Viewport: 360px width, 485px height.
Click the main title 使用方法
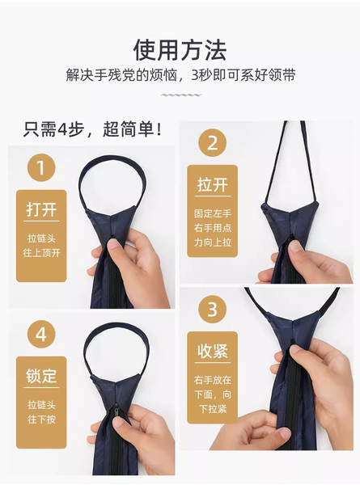[x=180, y=50]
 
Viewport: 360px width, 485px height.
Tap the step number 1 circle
[x=41, y=167]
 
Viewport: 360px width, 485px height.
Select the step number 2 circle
[x=213, y=142]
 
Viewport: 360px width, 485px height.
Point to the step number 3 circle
[x=213, y=309]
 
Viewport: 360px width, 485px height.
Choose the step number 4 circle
[x=41, y=335]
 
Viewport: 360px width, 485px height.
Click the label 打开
[x=41, y=209]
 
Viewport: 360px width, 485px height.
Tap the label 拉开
[x=213, y=184]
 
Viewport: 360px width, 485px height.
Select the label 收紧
[x=213, y=351]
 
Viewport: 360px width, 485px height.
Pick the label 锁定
[x=41, y=376]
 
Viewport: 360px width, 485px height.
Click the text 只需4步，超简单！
[x=93, y=129]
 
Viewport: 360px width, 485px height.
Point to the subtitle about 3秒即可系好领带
[x=180, y=75]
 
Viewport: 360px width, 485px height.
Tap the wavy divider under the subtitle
[x=181, y=95]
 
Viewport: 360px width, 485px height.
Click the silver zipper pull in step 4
[x=116, y=411]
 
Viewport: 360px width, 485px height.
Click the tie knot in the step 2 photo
[x=290, y=219]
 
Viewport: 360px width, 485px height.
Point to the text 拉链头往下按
[x=41, y=412]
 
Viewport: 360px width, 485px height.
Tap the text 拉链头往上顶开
[x=41, y=246]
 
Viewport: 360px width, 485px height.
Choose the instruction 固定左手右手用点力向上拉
[x=213, y=228]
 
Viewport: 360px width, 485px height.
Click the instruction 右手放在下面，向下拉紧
[x=213, y=394]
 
